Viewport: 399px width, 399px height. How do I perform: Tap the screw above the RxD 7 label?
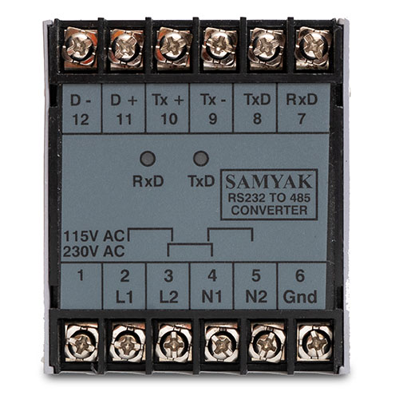(x=314, y=47)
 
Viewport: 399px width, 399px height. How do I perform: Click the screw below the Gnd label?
(x=314, y=342)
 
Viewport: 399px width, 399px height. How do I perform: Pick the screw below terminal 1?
(x=81, y=343)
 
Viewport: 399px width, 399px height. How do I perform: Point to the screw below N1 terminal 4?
(x=221, y=343)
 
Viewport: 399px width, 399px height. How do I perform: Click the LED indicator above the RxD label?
(x=148, y=159)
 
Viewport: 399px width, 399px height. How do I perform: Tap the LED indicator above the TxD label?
(x=201, y=159)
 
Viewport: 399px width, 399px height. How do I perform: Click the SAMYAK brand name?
(x=269, y=182)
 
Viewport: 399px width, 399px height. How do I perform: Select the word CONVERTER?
(x=269, y=211)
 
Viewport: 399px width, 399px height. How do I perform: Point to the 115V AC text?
(x=94, y=236)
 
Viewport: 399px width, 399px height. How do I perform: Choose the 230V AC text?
(x=94, y=251)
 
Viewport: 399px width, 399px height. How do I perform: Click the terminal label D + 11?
(x=124, y=109)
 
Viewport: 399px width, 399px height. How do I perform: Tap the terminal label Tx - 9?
(x=213, y=109)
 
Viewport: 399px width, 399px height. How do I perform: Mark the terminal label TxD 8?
(x=257, y=109)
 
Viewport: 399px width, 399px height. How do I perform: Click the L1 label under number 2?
(x=124, y=297)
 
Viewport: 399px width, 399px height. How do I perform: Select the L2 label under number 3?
(x=168, y=297)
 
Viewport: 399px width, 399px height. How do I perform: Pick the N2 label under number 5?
(x=256, y=297)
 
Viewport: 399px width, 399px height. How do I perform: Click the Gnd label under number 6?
(x=300, y=297)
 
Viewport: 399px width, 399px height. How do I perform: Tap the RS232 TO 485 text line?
(x=269, y=198)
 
